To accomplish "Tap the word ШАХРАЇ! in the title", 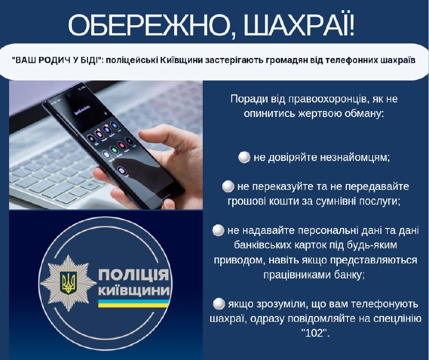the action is coord(299,25).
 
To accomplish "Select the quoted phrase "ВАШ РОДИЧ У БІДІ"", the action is coord(57,60).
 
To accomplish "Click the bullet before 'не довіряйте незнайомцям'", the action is coord(244,157).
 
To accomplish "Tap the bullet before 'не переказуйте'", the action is coord(228,186).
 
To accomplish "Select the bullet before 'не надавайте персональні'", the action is coord(218,230).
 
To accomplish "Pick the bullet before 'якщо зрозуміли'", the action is coord(219,304).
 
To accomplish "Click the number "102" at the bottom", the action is coord(315,333).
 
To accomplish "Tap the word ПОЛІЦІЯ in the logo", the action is coord(134,275).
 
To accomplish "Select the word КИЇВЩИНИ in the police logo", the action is coord(134,291).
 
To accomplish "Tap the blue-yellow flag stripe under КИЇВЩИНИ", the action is coord(134,303).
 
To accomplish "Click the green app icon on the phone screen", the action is coord(114,150).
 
